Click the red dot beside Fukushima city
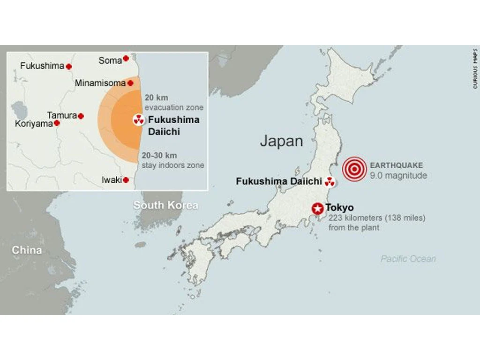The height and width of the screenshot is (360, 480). pos(69,67)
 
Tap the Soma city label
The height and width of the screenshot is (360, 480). pos(110,60)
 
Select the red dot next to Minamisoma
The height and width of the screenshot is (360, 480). pos(130,83)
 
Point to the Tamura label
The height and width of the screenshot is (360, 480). pos(62,115)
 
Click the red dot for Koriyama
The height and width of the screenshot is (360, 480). pos(57,123)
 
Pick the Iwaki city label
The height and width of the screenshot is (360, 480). pos(112,180)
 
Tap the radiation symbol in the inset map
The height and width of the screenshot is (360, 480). pos(138,120)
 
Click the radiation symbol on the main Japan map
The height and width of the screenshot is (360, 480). pos(330,181)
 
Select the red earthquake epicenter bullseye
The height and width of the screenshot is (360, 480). pos(354,169)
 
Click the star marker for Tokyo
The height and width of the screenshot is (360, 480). pos(318,208)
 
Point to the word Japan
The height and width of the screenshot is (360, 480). pos(281,141)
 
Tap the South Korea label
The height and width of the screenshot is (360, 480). pos(165,205)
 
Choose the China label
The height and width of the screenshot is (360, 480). pos(27,250)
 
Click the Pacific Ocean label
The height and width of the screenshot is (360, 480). pos(408,259)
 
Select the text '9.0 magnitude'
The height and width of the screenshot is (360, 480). pos(398,176)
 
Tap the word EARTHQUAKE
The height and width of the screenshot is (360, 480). pos(396,165)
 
